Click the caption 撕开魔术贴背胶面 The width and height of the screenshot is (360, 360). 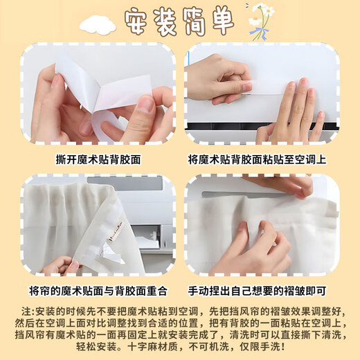[x=98, y=159]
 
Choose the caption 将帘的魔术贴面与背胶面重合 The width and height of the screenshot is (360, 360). [x=98, y=289]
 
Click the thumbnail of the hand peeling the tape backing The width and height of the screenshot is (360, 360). [x=98, y=93]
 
